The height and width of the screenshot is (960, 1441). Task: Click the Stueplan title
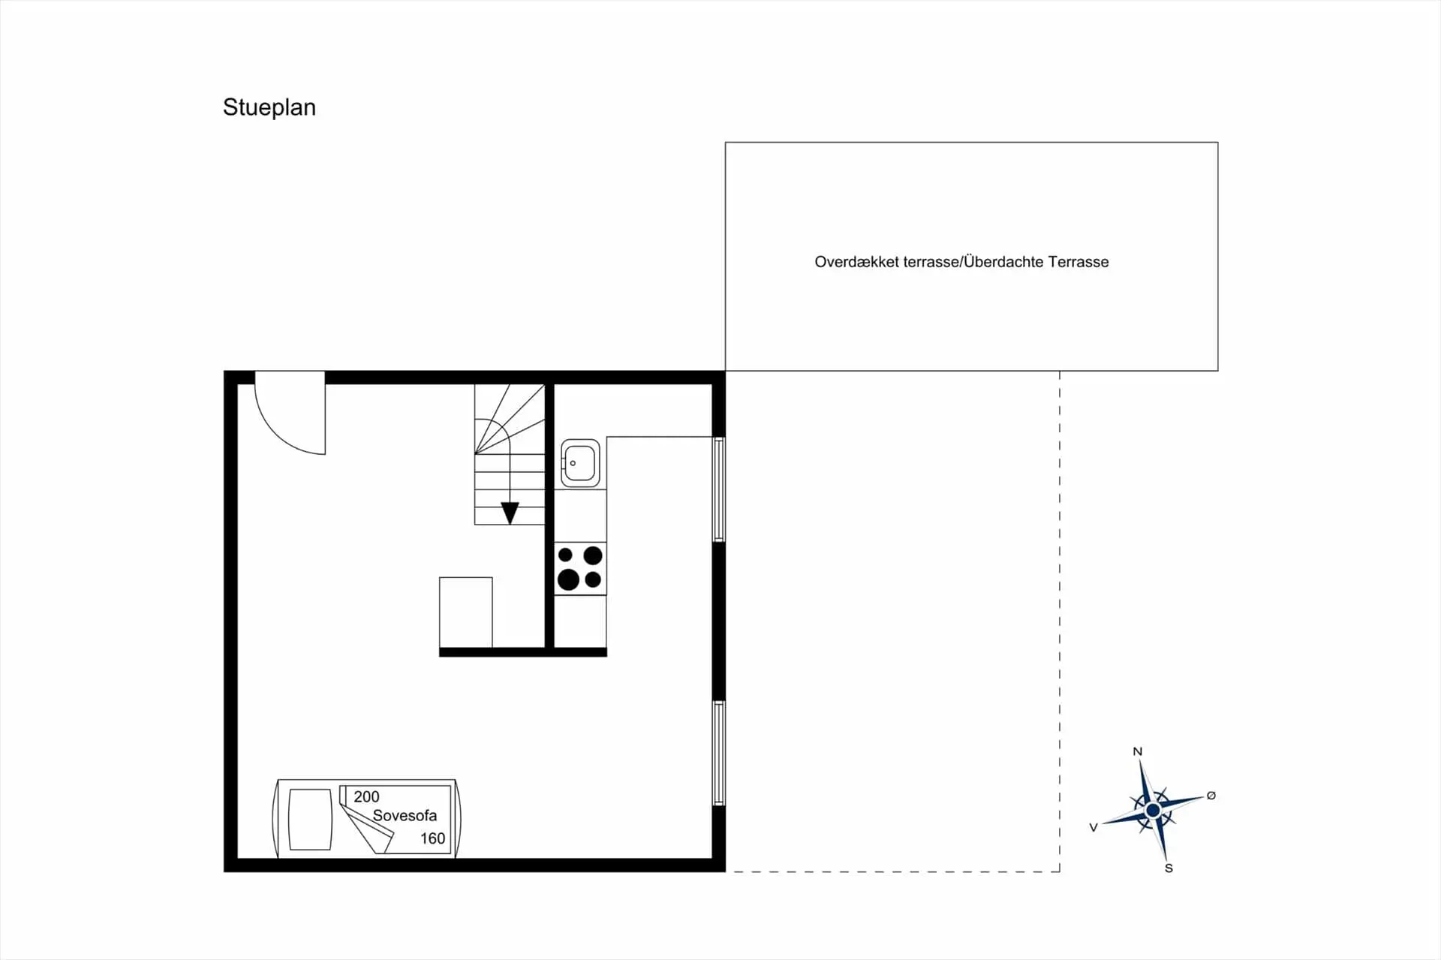tap(269, 108)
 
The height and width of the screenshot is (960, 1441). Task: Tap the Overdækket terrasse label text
tap(886, 262)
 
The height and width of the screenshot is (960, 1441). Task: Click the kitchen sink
tap(580, 463)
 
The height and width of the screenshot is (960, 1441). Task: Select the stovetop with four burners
tap(580, 568)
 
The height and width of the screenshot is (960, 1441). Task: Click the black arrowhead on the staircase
tap(510, 513)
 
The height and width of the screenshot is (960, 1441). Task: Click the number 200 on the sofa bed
tap(366, 796)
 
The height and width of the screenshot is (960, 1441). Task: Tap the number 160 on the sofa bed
tap(432, 838)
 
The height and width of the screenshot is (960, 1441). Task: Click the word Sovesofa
tap(405, 815)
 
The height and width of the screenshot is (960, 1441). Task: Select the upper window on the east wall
tap(718, 489)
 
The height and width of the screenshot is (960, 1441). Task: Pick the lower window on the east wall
tap(718, 753)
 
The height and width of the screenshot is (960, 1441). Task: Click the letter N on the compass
tap(1137, 751)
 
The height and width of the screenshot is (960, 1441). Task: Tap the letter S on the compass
tap(1169, 868)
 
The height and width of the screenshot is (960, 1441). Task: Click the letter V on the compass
tap(1094, 827)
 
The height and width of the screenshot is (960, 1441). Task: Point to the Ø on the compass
tap(1211, 796)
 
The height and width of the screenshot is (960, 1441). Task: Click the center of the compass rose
tap(1153, 810)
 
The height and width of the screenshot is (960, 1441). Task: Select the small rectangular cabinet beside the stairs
tap(466, 612)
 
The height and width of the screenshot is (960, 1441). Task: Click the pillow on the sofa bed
tap(310, 820)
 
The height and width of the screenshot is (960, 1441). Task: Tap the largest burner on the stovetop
tap(568, 579)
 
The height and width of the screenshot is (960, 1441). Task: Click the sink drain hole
tap(573, 463)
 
